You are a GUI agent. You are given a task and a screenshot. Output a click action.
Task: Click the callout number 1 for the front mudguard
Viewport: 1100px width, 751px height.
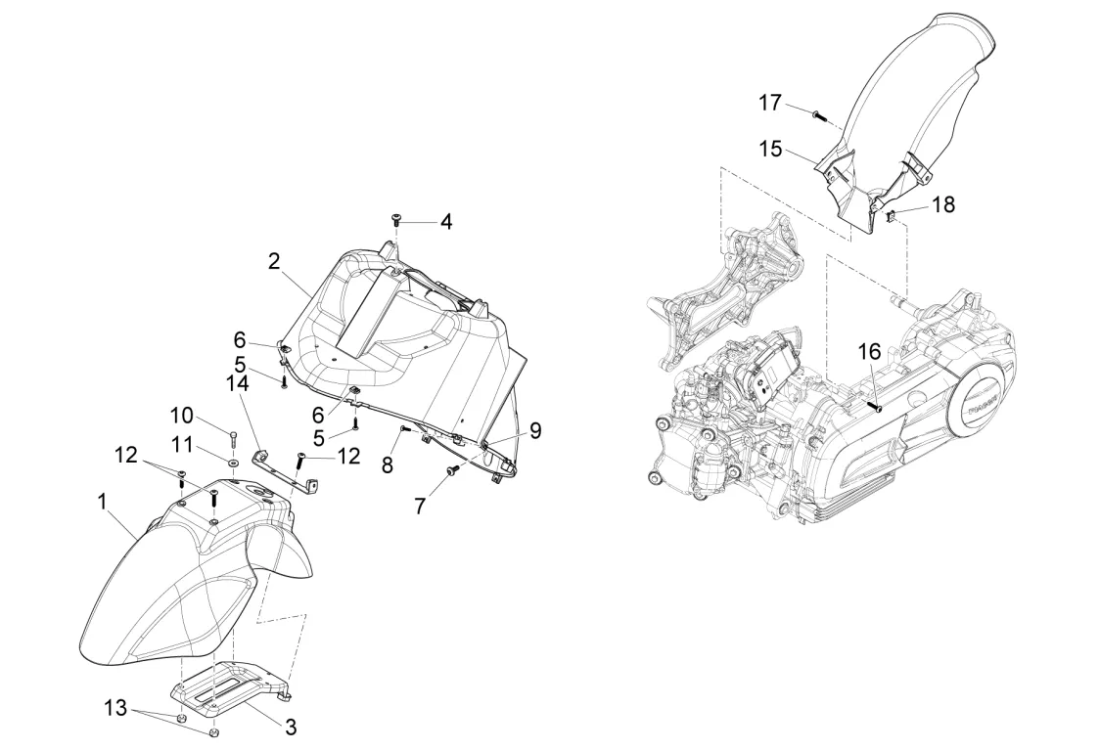click(102, 501)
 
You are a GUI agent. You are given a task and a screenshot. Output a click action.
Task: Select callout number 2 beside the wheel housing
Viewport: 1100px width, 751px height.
click(274, 261)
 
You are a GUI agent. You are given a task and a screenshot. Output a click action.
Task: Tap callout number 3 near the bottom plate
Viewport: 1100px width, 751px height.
click(291, 727)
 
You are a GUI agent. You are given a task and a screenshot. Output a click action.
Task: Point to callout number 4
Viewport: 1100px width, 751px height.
click(445, 221)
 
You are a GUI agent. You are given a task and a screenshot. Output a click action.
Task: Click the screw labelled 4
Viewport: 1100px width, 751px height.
click(396, 220)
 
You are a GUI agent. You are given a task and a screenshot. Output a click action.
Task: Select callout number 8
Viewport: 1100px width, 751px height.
click(388, 464)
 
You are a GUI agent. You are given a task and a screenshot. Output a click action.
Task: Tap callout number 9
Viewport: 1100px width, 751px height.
click(535, 429)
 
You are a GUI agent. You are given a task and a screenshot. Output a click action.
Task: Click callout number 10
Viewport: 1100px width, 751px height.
click(183, 414)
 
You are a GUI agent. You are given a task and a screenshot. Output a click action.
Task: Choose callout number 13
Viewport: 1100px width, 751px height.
click(116, 708)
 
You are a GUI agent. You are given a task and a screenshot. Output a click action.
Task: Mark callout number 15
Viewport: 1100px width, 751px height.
click(771, 149)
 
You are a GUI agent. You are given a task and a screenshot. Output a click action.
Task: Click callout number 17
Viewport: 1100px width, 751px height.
click(771, 102)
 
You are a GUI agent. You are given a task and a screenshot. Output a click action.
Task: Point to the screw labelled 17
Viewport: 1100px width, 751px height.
click(818, 115)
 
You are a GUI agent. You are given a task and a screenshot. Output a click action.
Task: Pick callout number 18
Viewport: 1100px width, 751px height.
click(943, 204)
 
